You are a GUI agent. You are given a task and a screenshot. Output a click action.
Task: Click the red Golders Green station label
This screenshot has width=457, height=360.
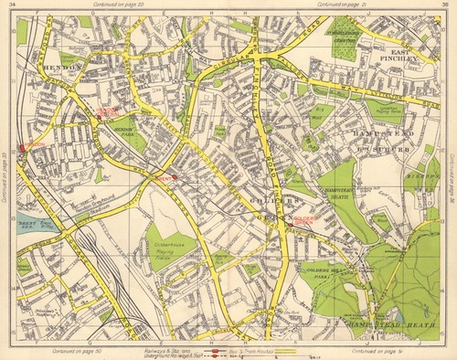coord(304,220)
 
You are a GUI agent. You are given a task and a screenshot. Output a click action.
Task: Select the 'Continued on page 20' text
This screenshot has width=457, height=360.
coord(107,5)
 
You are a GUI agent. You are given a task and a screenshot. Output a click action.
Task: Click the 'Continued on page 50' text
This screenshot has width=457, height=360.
coord(107,349)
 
